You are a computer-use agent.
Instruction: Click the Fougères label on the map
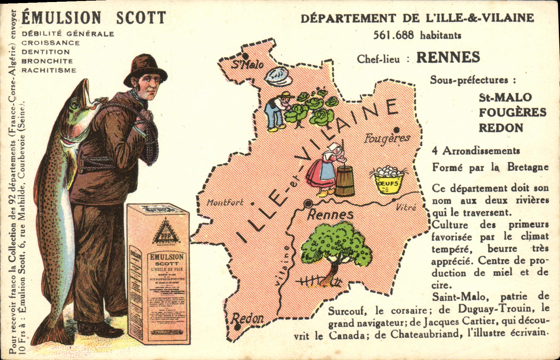coord(387,138)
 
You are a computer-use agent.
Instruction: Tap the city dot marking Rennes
coord(308,204)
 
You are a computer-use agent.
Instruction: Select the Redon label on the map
coord(247,318)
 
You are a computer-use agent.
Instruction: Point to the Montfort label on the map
coord(225,203)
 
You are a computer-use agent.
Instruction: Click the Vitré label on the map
coord(406,207)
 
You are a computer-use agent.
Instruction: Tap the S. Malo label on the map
coord(247,64)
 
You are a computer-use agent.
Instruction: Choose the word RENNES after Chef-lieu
coord(448,58)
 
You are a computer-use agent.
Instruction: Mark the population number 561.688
coord(393,35)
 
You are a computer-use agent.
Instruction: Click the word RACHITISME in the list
coord(49,70)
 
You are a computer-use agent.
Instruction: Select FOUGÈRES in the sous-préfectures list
coord(512,112)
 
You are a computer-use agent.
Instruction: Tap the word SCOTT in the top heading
coord(141,18)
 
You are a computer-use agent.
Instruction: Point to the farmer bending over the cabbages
coord(276,110)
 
